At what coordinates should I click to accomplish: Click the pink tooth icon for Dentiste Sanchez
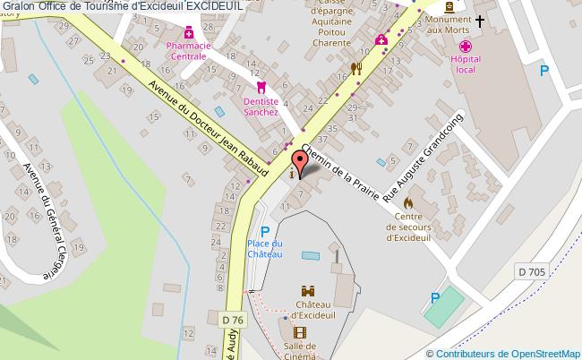coord(261,88)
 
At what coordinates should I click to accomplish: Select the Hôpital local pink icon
coord(465,47)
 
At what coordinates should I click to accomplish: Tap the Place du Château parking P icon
coord(265,232)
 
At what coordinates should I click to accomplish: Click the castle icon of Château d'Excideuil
coord(308,291)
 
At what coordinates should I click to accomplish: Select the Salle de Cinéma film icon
coord(299,332)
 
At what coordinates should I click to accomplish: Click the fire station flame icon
coord(409,201)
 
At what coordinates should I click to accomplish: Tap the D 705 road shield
coord(530,271)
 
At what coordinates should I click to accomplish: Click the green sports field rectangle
coord(445,306)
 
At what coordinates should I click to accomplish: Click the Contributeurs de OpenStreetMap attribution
coord(503,353)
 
